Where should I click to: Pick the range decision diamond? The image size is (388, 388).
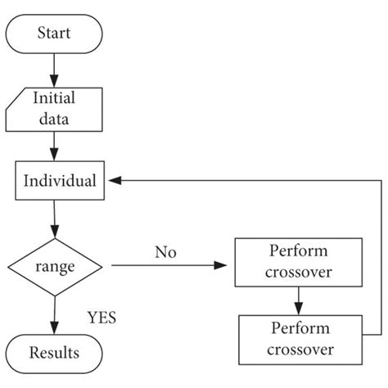[55, 266]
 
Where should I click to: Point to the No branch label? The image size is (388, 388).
[166, 251]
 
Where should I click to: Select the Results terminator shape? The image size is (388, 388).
[55, 353]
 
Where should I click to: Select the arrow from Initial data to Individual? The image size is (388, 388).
[55, 147]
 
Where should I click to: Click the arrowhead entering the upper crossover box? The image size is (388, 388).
[223, 266]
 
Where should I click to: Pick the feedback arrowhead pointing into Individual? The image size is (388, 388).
[117, 180]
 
